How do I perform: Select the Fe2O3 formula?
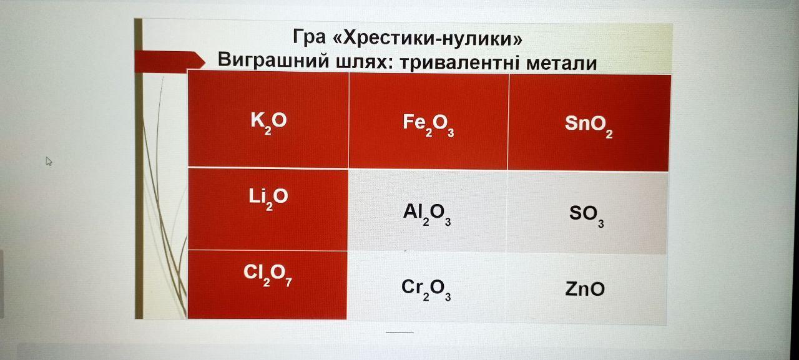[428, 125]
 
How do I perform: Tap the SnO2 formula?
[589, 126]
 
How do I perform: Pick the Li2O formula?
[268, 199]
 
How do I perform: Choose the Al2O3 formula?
[427, 215]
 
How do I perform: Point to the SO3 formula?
[587, 216]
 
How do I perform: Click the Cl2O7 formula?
[268, 275]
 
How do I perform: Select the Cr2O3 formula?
[426, 289]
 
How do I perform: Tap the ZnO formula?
[585, 289]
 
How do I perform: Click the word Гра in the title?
[309, 36]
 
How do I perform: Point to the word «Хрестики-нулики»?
[428, 38]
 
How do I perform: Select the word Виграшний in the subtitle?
[273, 59]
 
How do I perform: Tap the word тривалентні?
[460, 63]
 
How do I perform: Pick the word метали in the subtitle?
[561, 64]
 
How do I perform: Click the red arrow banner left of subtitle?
[170, 62]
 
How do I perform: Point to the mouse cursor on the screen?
[49, 161]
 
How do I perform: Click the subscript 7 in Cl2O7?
[288, 282]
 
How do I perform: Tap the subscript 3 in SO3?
[601, 223]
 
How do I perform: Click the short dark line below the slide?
[399, 333]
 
